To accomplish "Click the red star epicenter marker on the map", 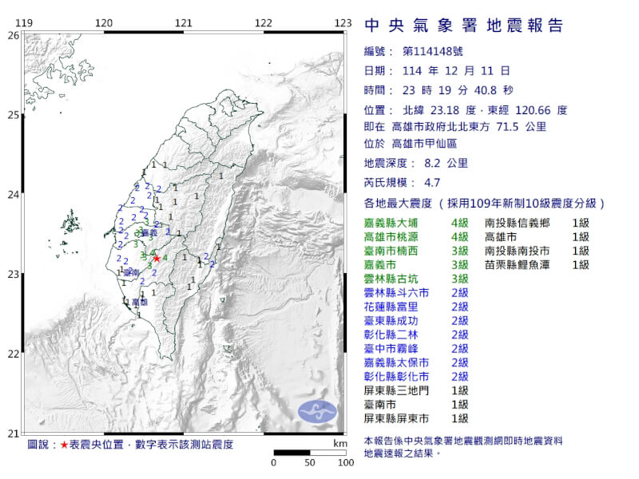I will (x=157, y=258).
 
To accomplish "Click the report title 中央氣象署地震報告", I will (x=463, y=26).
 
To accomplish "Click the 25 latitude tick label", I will (x=13, y=115).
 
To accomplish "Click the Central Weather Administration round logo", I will (x=318, y=411).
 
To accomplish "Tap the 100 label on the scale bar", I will (x=345, y=462).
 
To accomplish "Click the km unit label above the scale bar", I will (x=341, y=442).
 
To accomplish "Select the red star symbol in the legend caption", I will (x=63, y=443).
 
